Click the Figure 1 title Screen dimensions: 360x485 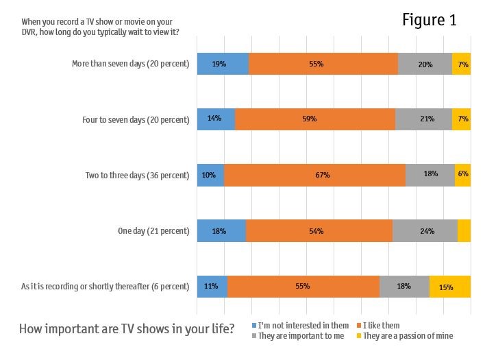click(x=429, y=21)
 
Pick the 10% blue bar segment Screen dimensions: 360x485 click(x=210, y=175)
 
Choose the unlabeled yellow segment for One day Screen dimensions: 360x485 click(x=464, y=231)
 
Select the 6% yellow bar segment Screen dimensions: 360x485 click(x=462, y=175)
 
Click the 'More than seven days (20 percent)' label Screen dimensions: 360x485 click(x=130, y=64)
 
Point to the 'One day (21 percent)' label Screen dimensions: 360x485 click(x=153, y=231)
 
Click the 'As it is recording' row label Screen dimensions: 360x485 click(x=105, y=287)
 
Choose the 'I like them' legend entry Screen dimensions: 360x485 click(x=381, y=325)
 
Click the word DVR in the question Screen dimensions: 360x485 click(x=31, y=32)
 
